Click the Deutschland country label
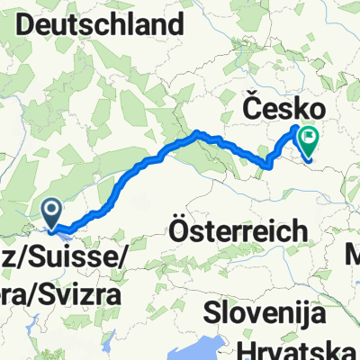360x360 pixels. [x=106, y=26]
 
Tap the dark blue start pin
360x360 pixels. [x=52, y=214]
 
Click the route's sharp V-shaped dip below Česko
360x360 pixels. [x=267, y=163]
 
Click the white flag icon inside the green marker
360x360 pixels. [x=310, y=139]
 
